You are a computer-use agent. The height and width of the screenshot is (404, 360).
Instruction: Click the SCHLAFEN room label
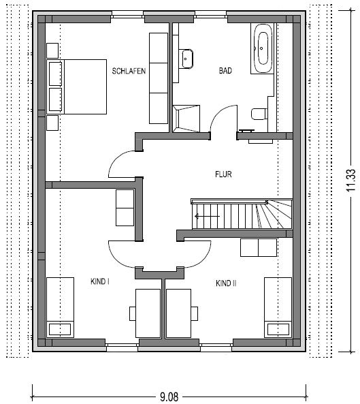(129, 71)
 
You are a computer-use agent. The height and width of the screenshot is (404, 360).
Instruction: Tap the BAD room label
(225, 71)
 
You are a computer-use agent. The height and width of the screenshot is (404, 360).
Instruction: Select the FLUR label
(223, 174)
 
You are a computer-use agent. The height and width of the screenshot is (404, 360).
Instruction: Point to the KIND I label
(100, 281)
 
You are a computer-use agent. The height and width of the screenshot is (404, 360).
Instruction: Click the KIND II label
(226, 283)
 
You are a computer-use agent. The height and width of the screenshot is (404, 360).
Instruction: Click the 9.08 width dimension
(169, 397)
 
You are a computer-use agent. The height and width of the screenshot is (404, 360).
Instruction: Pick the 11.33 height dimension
(350, 181)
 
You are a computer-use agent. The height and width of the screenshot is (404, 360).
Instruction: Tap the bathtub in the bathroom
(263, 48)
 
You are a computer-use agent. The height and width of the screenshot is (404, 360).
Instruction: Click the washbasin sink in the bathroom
(187, 59)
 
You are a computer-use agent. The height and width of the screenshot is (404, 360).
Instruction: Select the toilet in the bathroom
(259, 114)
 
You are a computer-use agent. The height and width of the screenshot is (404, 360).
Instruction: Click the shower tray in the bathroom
(186, 119)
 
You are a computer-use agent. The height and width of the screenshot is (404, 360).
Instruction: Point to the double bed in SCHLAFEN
(76, 87)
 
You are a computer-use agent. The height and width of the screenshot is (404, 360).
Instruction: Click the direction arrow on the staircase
(207, 216)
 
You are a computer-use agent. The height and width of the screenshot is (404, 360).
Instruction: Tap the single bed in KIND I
(60, 307)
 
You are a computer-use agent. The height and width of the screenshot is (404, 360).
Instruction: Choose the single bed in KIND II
(278, 307)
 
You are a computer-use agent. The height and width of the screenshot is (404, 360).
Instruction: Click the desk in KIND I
(148, 313)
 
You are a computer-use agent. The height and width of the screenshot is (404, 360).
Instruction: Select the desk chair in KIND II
(195, 313)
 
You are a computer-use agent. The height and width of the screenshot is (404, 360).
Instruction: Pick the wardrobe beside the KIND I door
(125, 208)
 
